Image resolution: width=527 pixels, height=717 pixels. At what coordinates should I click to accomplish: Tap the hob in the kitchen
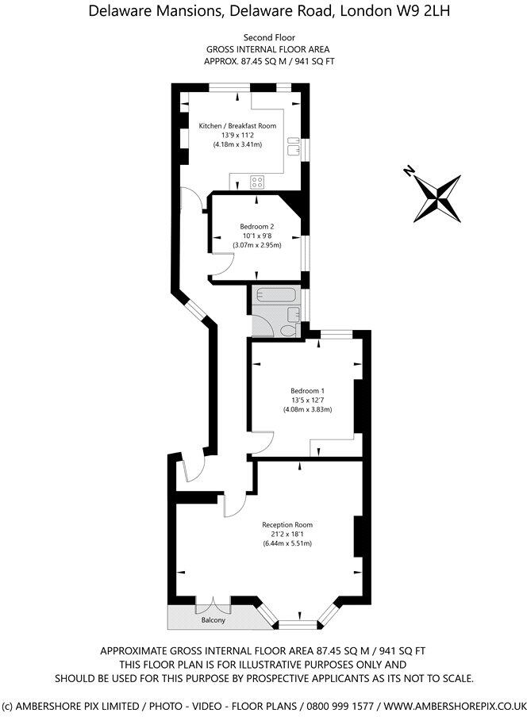click(x=258, y=182)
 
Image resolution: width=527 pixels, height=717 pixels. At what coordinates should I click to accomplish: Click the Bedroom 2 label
click(x=257, y=226)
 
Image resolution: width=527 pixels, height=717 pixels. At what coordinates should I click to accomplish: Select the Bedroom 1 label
click(x=307, y=390)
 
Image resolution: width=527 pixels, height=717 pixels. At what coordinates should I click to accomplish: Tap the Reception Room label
click(x=287, y=524)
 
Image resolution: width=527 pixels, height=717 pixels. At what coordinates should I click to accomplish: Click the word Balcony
click(x=211, y=619)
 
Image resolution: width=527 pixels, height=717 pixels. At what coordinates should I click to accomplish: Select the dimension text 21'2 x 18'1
click(x=287, y=534)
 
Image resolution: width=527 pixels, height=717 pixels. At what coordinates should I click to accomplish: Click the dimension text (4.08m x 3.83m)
click(x=307, y=409)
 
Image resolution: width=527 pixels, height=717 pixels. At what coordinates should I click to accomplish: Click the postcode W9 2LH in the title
click(x=403, y=11)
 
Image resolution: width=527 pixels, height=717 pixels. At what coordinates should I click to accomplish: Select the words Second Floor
click(x=263, y=37)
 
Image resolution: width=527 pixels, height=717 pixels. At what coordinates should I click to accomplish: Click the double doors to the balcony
click(x=213, y=603)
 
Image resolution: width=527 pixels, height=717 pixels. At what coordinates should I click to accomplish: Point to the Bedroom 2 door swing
click(x=221, y=270)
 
